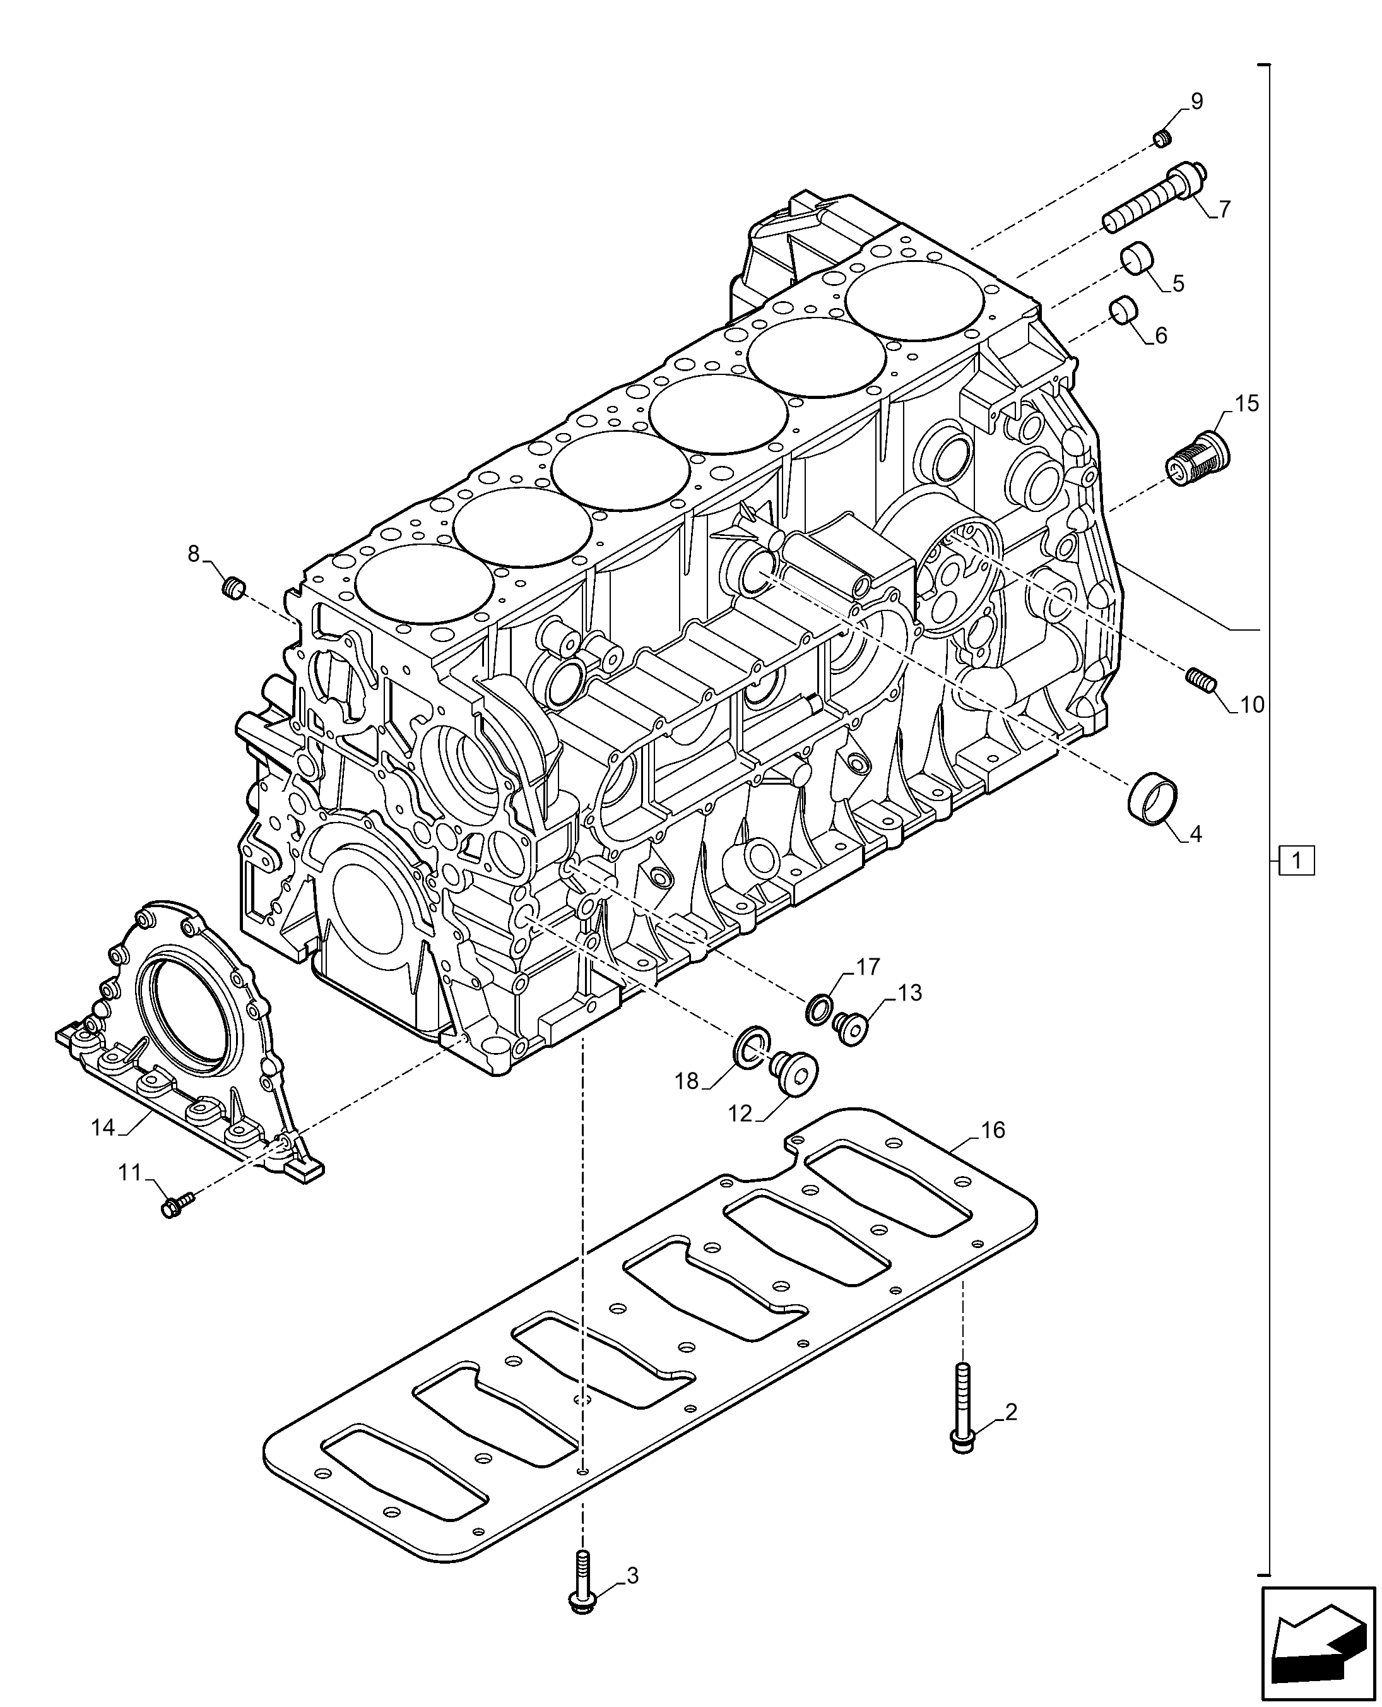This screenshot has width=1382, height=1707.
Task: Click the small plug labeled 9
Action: (x=1163, y=140)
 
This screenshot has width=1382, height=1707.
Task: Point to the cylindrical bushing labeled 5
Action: (x=1138, y=258)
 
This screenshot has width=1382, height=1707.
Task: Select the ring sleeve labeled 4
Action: (x=1154, y=799)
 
